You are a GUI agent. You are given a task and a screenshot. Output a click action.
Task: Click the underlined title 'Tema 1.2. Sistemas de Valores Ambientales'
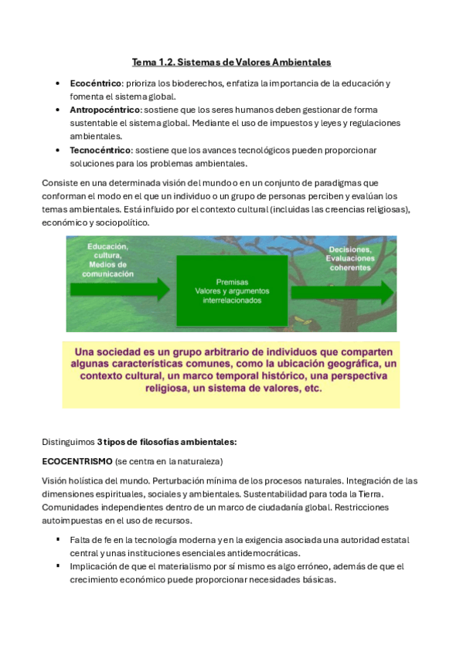[231, 61]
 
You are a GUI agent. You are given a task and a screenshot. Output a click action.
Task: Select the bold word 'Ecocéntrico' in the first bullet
[95, 83]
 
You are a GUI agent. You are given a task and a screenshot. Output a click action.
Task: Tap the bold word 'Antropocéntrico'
[104, 110]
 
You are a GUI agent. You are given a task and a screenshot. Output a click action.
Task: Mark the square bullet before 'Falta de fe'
[58, 539]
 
